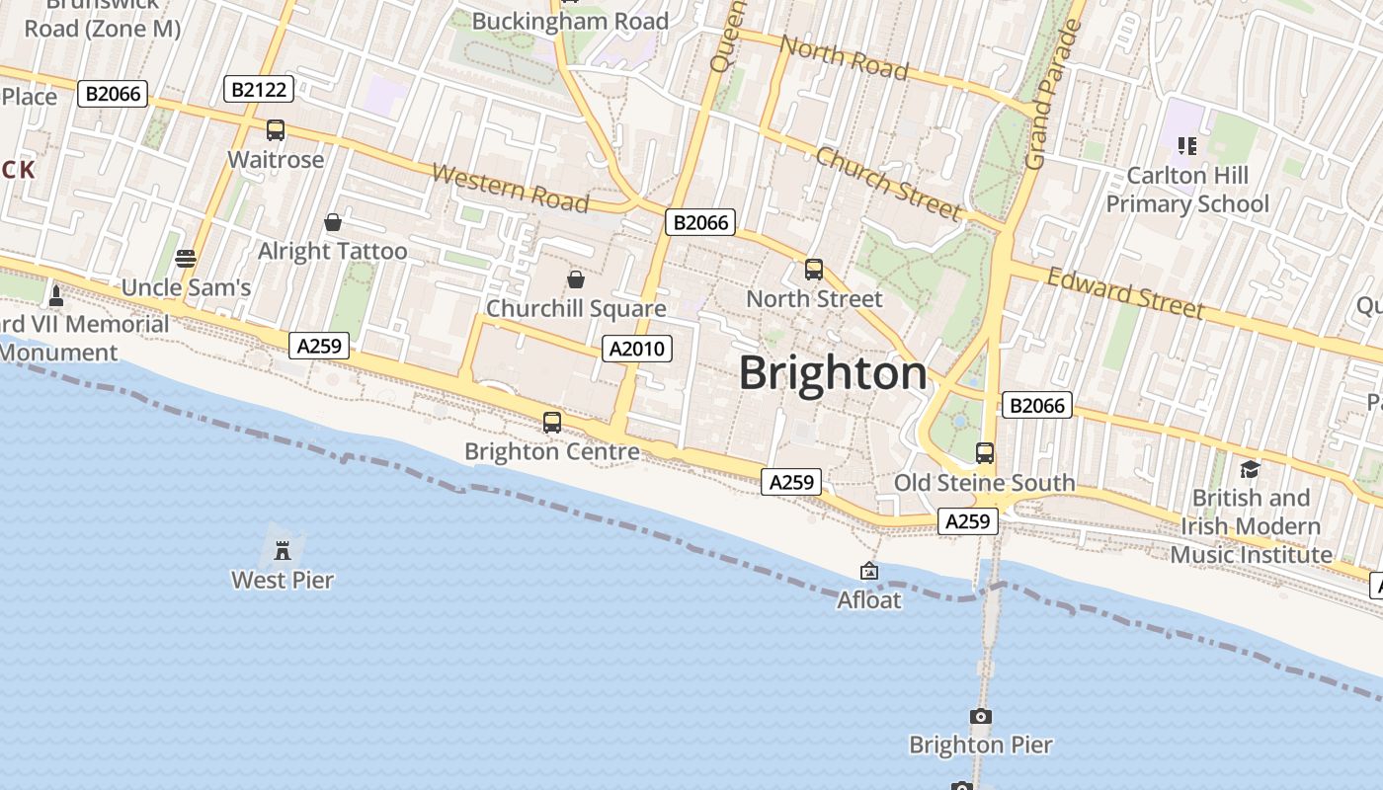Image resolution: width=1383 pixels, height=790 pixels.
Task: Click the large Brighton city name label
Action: [833, 373]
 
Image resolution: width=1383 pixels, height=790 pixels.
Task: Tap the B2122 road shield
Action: [259, 90]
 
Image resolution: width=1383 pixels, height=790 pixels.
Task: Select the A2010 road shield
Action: [637, 348]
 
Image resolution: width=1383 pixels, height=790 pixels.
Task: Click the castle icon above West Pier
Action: [283, 549]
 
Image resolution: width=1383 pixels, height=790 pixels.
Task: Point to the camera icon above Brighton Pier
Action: [980, 716]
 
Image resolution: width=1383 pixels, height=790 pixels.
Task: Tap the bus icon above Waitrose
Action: [276, 130]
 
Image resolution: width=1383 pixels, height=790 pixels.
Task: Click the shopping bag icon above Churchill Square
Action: [576, 280]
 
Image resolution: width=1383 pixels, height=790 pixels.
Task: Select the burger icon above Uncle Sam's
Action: [186, 259]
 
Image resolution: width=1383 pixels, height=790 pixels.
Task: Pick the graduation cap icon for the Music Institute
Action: [1250, 469]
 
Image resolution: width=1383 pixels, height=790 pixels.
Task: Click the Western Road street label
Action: [511, 188]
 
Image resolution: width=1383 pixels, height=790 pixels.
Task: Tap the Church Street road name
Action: [888, 184]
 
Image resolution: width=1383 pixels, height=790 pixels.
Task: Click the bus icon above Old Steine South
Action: [985, 453]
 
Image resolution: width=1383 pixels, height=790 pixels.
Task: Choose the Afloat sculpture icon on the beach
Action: [869, 571]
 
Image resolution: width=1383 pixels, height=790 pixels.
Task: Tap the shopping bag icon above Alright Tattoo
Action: [333, 222]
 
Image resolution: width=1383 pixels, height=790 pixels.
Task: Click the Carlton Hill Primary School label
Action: [1187, 190]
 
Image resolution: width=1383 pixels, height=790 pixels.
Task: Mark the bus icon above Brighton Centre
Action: [552, 423]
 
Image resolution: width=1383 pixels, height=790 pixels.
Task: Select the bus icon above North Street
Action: [814, 270]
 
